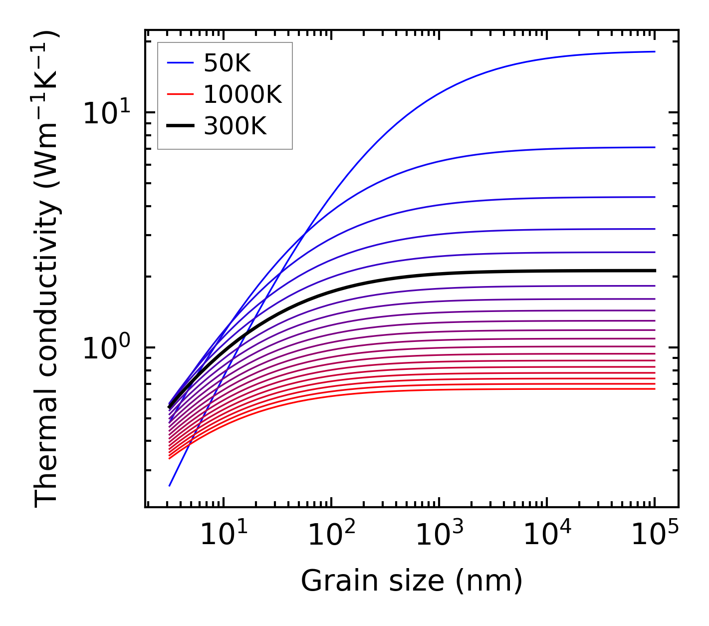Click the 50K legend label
pyautogui.click(x=227, y=63)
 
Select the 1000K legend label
pyautogui.click(x=242, y=95)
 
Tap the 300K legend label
pyautogui.click(x=235, y=127)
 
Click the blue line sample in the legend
pyautogui.click(x=180, y=63)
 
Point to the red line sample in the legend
pyautogui.click(x=180, y=95)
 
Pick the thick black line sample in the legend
pyautogui.click(x=180, y=127)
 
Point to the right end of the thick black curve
pyautogui.click(x=655, y=271)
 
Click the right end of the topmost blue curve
pyautogui.click(x=655, y=51)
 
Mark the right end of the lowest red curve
pyautogui.click(x=655, y=389)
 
